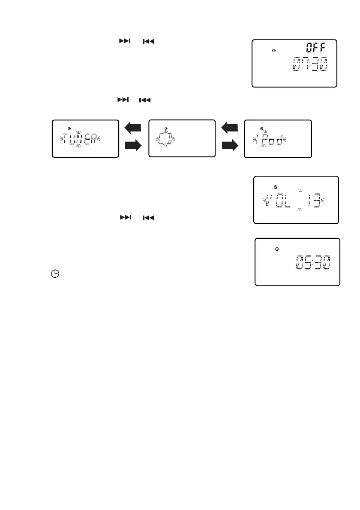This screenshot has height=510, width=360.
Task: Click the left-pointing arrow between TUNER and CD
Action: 133,127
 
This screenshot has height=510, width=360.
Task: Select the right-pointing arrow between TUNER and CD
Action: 133,147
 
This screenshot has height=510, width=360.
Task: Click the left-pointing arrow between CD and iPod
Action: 230,127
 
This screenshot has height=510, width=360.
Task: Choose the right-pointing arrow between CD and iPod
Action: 230,147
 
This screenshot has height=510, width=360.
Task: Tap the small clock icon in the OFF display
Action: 274,51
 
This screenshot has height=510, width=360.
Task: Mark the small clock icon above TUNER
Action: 69,128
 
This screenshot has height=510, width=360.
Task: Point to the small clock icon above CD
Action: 166,127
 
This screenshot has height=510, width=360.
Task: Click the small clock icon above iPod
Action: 262,128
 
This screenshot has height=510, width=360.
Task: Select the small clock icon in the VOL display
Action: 275,187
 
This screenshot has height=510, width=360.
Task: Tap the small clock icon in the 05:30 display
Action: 277,249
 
